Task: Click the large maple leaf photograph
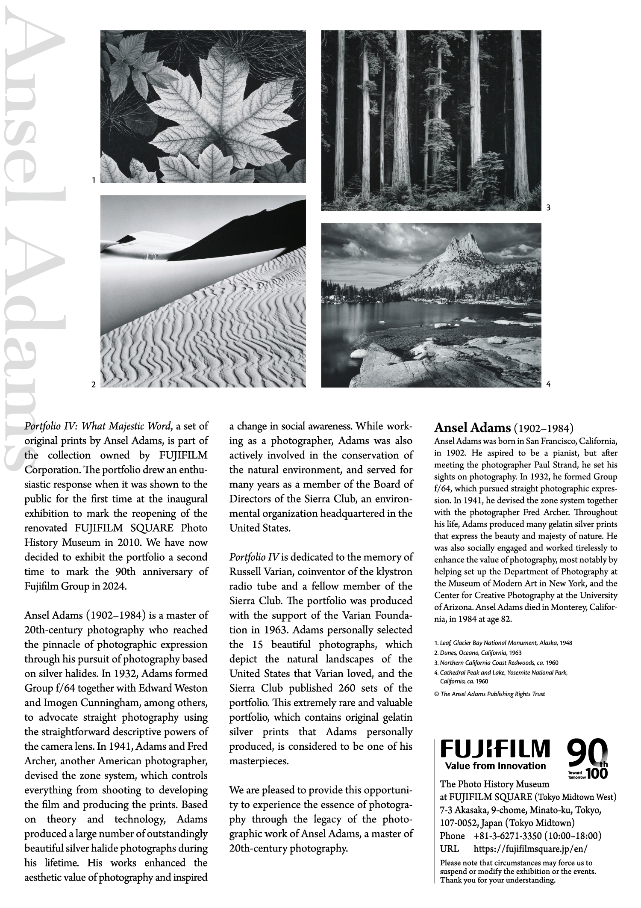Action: pos(203,106)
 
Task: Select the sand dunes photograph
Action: pos(203,291)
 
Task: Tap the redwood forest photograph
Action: pos(431,120)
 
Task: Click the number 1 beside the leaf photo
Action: pos(94,180)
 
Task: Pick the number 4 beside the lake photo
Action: pos(548,384)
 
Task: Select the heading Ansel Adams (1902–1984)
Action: pos(503,428)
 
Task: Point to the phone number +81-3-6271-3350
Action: pos(507,836)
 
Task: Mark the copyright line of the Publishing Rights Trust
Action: pos(489,694)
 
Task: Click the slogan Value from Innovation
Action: pos(495,766)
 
